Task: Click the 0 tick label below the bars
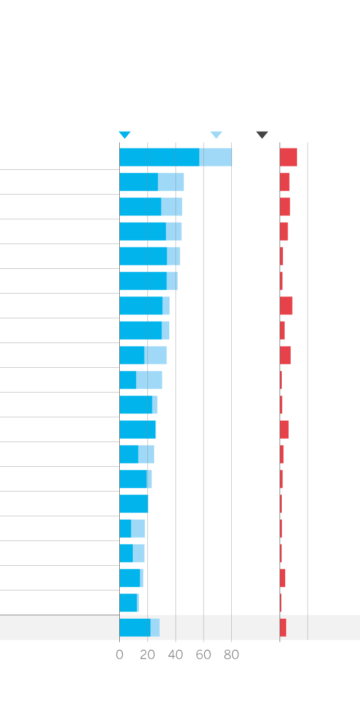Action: pyautogui.click(x=119, y=655)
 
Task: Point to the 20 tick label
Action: pyautogui.click(x=147, y=655)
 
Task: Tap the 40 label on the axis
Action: pyautogui.click(x=175, y=655)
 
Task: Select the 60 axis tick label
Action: pyautogui.click(x=204, y=655)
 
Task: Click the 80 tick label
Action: pyautogui.click(x=231, y=655)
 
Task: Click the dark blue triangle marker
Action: pyautogui.click(x=125, y=135)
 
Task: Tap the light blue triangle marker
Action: pyautogui.click(x=216, y=135)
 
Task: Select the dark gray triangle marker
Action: pyautogui.click(x=262, y=135)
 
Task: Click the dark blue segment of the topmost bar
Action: pyautogui.click(x=159, y=157)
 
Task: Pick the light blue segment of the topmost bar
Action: pyautogui.click(x=215, y=157)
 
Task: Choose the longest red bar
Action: pyautogui.click(x=288, y=157)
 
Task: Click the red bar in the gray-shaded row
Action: pyautogui.click(x=283, y=628)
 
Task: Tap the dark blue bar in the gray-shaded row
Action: pyautogui.click(x=135, y=628)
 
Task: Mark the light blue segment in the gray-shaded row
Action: pyautogui.click(x=155, y=628)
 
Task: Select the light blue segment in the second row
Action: pyautogui.click(x=171, y=182)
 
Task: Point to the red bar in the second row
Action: pyautogui.click(x=285, y=182)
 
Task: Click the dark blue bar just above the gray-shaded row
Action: pyautogui.click(x=128, y=603)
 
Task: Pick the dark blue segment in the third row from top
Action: pyautogui.click(x=140, y=207)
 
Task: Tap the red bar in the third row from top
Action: pyautogui.click(x=285, y=207)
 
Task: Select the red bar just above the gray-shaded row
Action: pyautogui.click(x=281, y=603)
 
